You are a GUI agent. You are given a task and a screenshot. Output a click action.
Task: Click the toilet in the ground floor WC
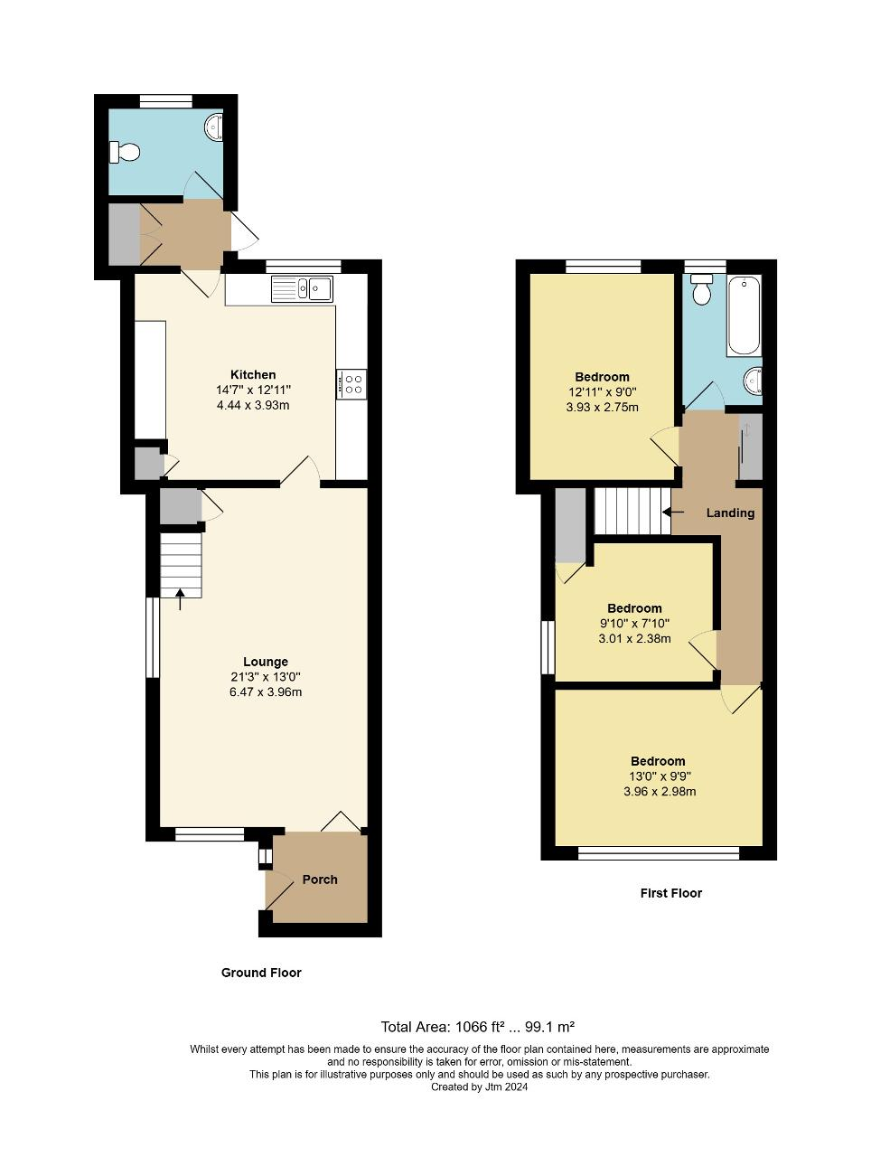point(125,153)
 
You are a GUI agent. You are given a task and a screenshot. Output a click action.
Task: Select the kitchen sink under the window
point(302,289)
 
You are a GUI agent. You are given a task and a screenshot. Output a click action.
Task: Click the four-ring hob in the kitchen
point(351,383)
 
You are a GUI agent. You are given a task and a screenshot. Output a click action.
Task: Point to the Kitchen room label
point(253,374)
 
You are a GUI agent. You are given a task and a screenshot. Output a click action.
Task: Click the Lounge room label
point(265,662)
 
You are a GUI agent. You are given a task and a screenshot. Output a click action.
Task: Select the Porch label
point(320,880)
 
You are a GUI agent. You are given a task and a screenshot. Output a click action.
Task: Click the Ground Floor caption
point(261,973)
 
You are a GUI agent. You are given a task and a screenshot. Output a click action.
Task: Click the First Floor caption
point(670,893)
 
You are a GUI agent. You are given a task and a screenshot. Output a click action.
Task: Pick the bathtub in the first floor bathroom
point(745,315)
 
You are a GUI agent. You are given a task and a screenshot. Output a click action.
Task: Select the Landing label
point(730,513)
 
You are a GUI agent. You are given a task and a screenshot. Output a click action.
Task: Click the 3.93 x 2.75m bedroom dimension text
point(602,407)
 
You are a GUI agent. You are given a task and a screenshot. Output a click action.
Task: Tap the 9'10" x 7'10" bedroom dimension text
point(634,624)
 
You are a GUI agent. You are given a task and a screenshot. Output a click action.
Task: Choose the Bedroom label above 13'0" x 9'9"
point(658,761)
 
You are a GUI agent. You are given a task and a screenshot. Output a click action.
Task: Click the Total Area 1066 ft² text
point(478,1027)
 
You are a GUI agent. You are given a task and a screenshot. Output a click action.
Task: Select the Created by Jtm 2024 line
point(479,1087)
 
